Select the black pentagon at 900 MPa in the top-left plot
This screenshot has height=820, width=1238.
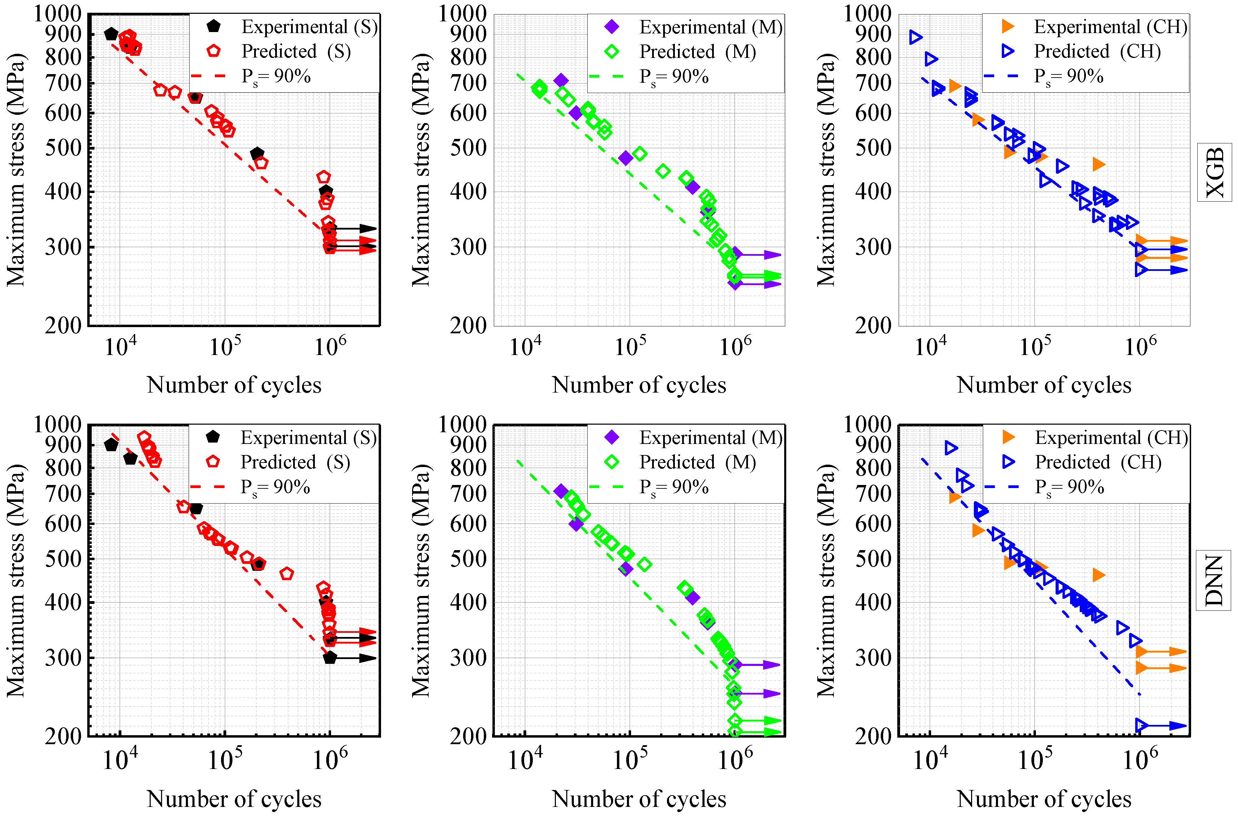coord(111,34)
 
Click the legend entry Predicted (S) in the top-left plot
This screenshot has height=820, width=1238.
coord(296,51)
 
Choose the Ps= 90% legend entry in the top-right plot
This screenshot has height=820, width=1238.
coord(1067,77)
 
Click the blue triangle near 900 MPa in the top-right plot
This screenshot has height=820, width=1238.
coord(915,37)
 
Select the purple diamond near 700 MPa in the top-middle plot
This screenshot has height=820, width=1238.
coord(560,80)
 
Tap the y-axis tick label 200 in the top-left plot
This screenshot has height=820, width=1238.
coord(63,326)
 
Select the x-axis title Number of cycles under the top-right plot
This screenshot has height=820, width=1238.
coord(1044,385)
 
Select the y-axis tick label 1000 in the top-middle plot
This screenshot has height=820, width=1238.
coord(462,13)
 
